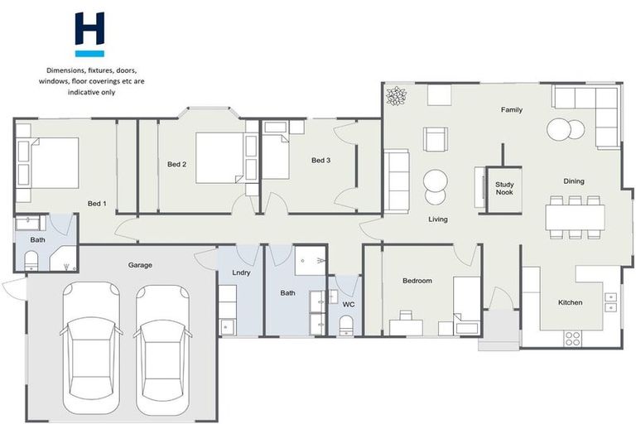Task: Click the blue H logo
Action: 89,33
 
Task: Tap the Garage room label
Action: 139,265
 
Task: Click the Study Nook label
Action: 504,188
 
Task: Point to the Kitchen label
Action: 570,302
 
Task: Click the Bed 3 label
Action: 321,160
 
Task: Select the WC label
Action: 349,304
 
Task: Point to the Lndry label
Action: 229,272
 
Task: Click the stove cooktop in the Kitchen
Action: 572,337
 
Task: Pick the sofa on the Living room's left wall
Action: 397,181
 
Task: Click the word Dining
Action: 574,181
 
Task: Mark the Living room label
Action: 437,219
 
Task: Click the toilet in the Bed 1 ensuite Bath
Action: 31,263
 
